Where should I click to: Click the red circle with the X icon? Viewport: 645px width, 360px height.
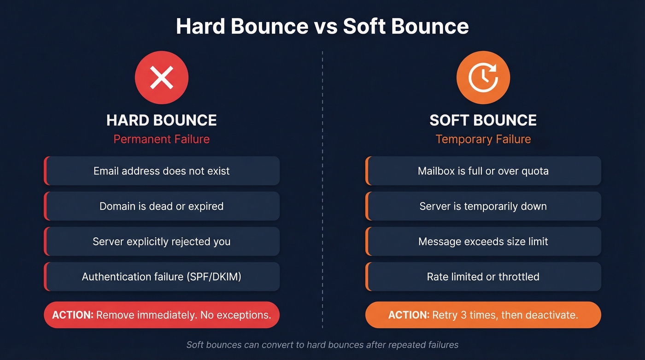161,77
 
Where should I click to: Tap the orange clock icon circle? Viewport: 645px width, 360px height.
483,77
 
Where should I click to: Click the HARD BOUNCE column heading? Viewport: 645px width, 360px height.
161,120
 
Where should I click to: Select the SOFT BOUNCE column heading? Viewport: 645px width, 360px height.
483,120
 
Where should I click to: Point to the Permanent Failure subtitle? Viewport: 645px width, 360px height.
161,139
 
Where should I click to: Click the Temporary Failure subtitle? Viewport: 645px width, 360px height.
483,139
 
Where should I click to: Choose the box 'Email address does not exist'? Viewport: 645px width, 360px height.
162,171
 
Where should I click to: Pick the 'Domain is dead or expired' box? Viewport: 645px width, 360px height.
162,206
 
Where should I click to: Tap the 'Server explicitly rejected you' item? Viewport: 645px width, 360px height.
162,242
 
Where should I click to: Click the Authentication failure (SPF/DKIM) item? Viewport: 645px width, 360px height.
162,277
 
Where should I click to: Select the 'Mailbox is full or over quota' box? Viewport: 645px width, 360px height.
483,171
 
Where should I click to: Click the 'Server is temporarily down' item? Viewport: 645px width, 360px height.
483,206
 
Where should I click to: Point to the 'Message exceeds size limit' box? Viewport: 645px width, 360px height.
483,242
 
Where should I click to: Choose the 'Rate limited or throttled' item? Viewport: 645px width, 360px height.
483,277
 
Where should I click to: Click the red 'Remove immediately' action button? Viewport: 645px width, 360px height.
162,315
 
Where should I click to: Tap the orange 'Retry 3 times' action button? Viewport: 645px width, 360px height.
483,315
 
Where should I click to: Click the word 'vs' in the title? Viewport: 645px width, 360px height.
326,26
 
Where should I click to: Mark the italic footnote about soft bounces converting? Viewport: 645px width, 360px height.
322,344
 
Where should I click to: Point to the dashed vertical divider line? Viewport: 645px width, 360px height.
322,184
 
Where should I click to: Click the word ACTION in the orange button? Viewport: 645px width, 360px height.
409,315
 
